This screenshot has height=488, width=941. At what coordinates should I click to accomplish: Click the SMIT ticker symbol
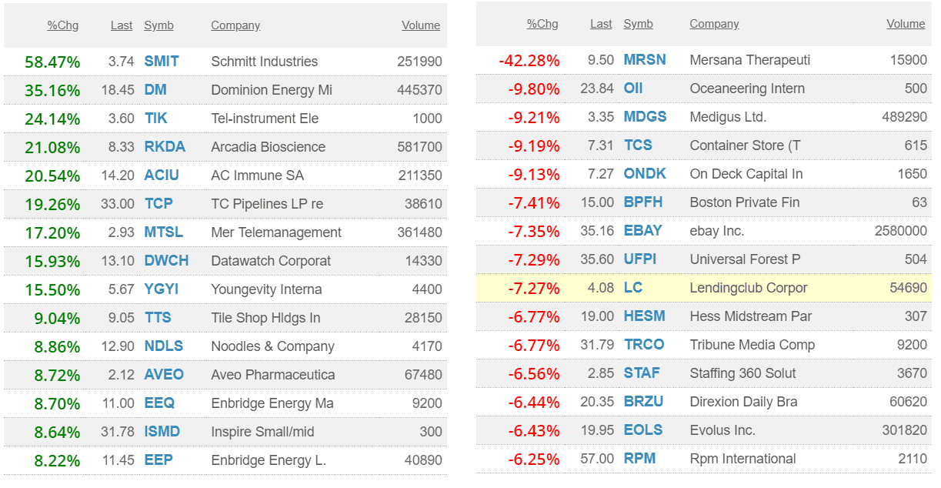[x=161, y=62]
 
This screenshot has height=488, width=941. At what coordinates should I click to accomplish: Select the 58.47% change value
[x=52, y=62]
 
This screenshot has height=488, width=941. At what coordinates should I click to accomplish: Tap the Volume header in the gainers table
[x=420, y=25]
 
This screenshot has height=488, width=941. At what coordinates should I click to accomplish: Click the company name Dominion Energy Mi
[x=272, y=90]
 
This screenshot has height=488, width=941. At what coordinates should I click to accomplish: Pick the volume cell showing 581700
[x=419, y=147]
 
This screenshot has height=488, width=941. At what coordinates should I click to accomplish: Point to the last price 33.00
[x=118, y=204]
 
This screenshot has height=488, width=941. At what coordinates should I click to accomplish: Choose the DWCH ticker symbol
[x=166, y=261]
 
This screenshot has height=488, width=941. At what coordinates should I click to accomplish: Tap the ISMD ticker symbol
[x=162, y=432]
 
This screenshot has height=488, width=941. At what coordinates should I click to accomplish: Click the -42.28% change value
[x=529, y=60]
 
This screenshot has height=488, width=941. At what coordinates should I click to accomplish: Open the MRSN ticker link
[x=644, y=60]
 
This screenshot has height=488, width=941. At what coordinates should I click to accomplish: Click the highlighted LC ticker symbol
[x=632, y=288]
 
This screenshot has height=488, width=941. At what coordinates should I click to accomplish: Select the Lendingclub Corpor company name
[x=748, y=288]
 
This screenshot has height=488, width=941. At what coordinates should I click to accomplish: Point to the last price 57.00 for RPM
[x=597, y=459]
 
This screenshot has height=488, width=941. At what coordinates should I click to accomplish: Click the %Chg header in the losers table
[x=542, y=24]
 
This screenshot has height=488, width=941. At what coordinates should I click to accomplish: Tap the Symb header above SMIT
[x=159, y=25]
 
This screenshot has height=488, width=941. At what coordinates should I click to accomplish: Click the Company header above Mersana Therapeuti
[x=713, y=24]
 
